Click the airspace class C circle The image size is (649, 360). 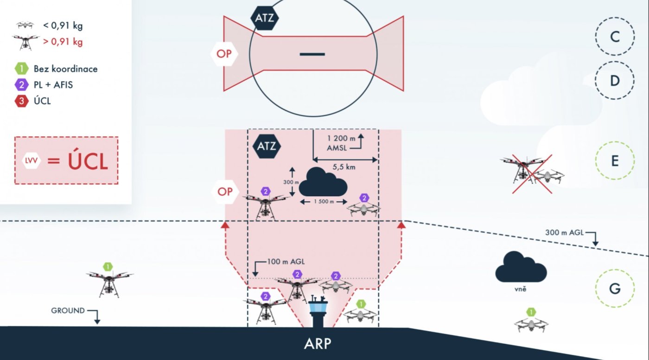[615, 37]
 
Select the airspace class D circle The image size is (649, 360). [615, 81]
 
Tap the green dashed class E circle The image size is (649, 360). [615, 161]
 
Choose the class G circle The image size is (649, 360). [615, 289]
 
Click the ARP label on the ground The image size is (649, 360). [318, 344]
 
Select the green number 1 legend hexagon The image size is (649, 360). [21, 69]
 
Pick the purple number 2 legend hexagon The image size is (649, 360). [21, 85]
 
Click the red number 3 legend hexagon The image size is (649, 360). [21, 100]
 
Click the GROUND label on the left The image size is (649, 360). [68, 310]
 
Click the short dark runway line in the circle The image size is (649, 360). [312, 54]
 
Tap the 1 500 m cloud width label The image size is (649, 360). [323, 202]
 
